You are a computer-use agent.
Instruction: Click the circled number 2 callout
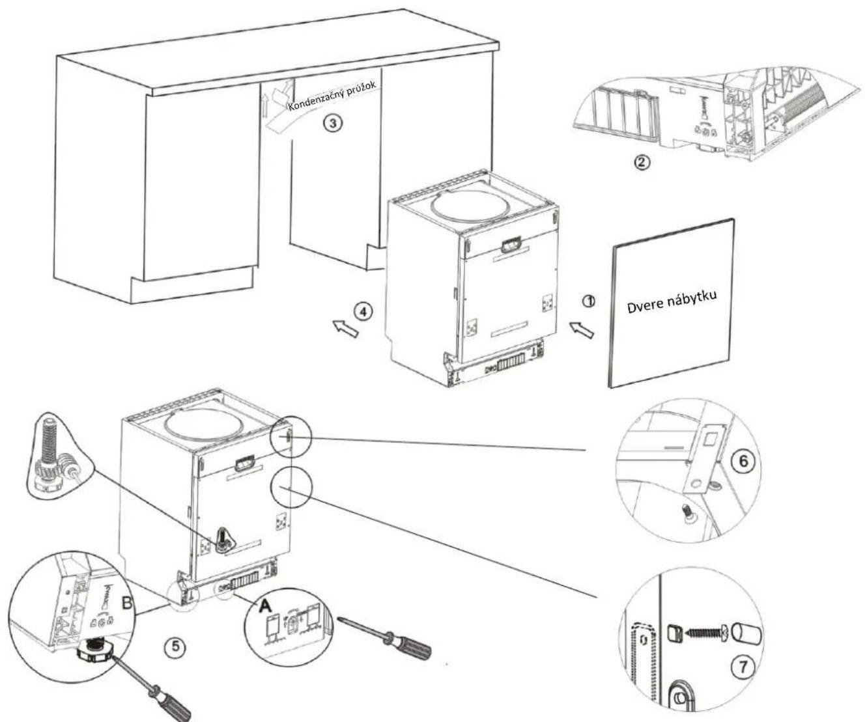tap(642, 162)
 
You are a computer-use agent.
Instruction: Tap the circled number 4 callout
tap(364, 312)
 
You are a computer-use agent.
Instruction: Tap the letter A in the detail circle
tap(265, 605)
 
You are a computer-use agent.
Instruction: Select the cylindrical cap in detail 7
tap(748, 632)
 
